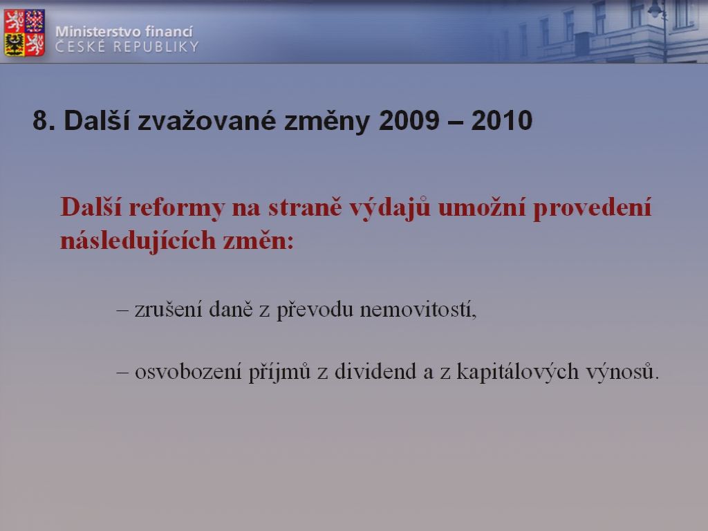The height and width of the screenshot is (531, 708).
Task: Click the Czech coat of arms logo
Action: coord(24,32)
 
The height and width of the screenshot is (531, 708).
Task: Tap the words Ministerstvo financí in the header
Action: coord(124,32)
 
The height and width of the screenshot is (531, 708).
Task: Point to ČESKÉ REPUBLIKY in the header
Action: coord(127,46)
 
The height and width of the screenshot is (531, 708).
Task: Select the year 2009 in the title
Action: coord(409,120)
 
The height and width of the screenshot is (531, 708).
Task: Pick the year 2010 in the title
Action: coord(502,120)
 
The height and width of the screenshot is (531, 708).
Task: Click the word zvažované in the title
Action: coord(207,120)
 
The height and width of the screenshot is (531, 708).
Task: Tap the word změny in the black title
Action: coord(327,122)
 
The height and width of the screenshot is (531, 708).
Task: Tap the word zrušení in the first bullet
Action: coord(168,309)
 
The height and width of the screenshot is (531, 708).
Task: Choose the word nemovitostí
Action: coord(418,310)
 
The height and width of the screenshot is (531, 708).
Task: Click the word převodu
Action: coord(315,310)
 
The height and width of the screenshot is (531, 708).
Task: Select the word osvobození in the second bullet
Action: coord(188,371)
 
